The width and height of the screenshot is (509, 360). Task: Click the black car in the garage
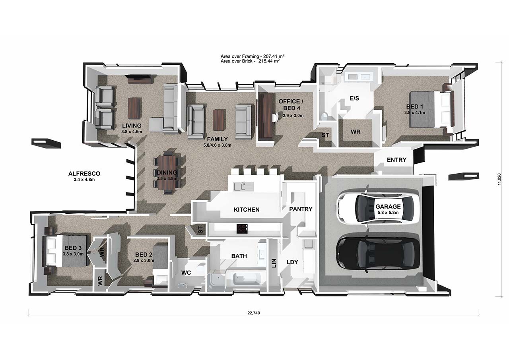(378, 253)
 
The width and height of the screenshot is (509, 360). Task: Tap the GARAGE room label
(388, 207)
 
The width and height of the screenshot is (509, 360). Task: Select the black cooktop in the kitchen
(241, 228)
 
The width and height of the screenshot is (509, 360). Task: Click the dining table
(168, 173)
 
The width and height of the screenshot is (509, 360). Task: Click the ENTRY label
(396, 160)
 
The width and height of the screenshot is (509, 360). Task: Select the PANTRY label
(301, 209)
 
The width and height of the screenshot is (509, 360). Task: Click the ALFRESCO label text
(84, 174)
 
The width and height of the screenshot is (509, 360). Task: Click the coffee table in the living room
(134, 108)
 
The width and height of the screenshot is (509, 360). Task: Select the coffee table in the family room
(218, 120)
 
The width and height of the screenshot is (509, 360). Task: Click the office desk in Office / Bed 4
(265, 116)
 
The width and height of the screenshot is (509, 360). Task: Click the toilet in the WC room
(201, 268)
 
